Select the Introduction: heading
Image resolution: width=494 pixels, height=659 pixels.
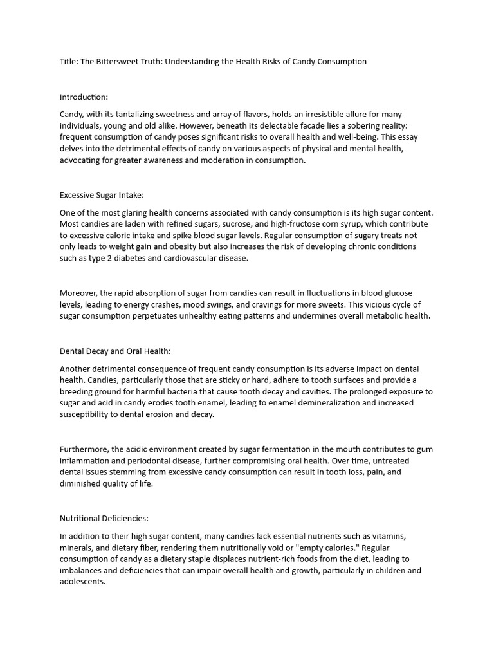84,97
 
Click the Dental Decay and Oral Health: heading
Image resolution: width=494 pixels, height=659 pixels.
115,351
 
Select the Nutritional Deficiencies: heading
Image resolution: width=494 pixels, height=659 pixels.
104,518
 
